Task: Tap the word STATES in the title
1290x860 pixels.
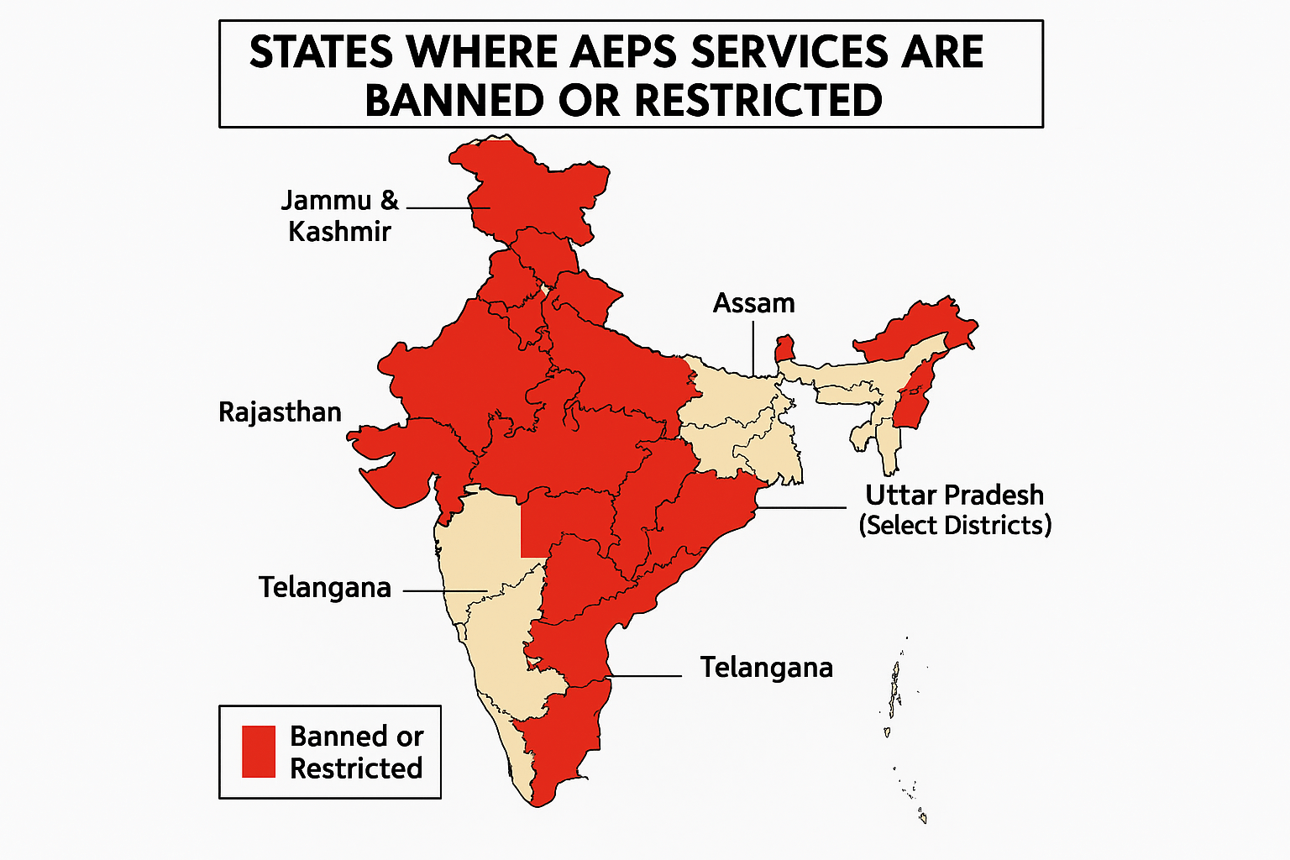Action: (x=322, y=52)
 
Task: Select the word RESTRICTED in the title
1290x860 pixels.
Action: (x=758, y=101)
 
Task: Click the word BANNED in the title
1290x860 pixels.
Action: (x=454, y=101)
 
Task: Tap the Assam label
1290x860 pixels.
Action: (x=753, y=302)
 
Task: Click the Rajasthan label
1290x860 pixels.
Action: (x=280, y=412)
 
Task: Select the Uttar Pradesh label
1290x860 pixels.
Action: (x=955, y=495)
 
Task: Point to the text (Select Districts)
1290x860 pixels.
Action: (x=955, y=526)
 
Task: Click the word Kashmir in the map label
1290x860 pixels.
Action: (x=339, y=231)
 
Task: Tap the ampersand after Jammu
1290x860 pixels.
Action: (x=388, y=200)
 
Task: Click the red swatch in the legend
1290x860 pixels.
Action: (x=259, y=752)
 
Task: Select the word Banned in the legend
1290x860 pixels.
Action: (x=356, y=737)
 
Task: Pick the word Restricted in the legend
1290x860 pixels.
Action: (x=356, y=768)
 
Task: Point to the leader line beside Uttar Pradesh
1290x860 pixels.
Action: (x=803, y=507)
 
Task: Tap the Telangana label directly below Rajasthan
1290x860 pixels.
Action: (x=324, y=587)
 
